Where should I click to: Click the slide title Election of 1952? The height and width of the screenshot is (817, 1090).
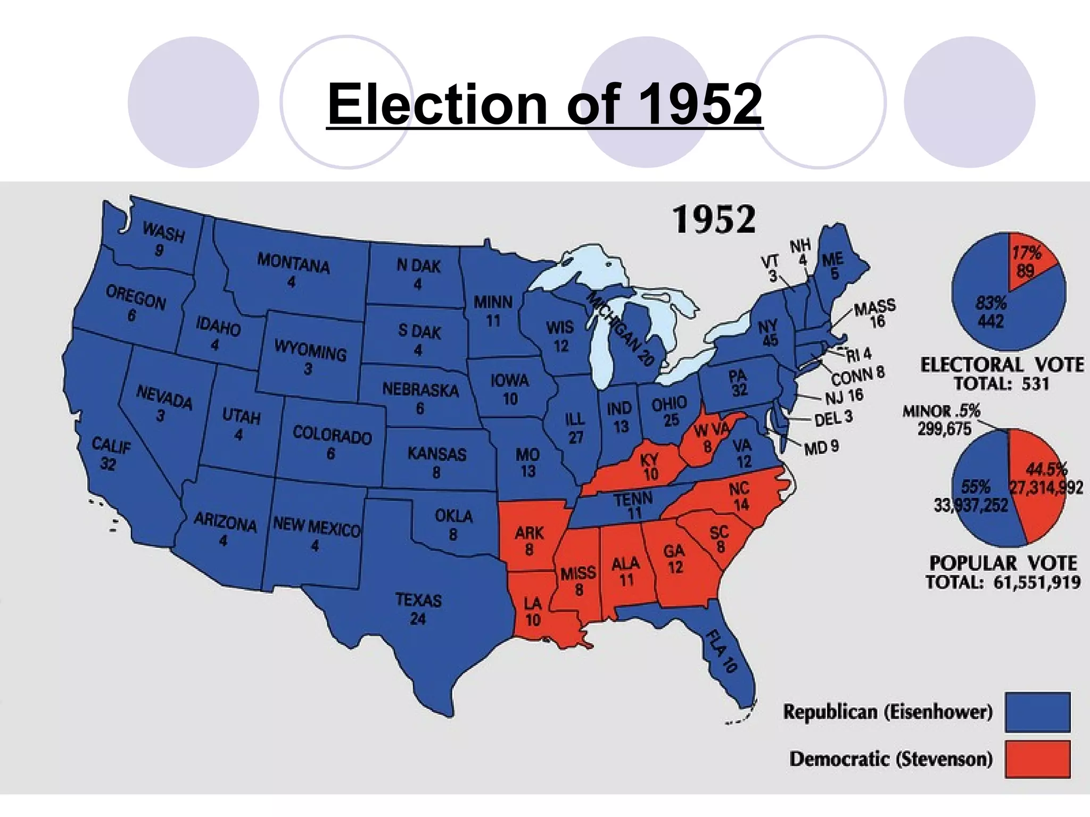(544, 104)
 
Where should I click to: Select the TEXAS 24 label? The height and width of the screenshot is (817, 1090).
(418, 609)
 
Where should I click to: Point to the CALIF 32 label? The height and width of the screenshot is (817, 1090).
(110, 454)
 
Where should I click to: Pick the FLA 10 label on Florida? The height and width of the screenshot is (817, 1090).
(722, 651)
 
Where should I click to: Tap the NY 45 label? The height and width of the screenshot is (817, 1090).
(768, 332)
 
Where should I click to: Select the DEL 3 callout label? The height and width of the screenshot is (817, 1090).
(833, 418)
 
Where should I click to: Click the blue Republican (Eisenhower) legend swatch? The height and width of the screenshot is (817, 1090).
(1037, 712)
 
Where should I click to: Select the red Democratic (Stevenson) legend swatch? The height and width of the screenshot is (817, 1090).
(1037, 759)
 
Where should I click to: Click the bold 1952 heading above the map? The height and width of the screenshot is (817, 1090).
(714, 220)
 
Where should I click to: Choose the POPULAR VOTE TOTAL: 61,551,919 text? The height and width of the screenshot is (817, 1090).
(1003, 572)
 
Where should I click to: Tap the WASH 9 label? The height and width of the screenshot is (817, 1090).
(162, 239)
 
